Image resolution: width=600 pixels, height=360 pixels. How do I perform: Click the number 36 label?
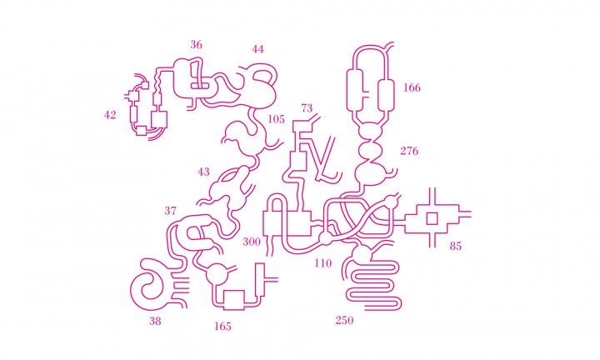click(197, 45)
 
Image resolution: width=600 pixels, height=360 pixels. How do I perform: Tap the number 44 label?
click(257, 49)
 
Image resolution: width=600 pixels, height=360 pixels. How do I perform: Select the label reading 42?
click(110, 115)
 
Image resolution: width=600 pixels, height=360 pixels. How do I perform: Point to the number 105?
click(276, 119)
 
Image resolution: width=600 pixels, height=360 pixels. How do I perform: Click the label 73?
click(307, 108)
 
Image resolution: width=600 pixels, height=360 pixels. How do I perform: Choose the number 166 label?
click(412, 87)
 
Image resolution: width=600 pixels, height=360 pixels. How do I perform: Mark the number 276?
click(409, 151)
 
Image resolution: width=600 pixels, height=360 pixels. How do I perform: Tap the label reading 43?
click(203, 172)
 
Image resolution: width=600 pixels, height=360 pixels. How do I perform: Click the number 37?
click(171, 211)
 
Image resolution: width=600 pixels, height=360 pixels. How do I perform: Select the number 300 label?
click(252, 242)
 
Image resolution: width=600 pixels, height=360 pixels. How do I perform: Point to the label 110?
click(323, 263)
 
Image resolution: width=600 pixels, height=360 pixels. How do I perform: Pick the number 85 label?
click(455, 246)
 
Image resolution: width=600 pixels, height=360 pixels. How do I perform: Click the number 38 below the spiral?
click(155, 322)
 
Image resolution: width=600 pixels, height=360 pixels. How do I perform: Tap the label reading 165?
click(222, 327)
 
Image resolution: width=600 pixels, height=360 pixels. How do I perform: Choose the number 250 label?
click(344, 320)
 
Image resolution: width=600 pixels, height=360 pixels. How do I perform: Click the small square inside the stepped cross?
click(432, 219)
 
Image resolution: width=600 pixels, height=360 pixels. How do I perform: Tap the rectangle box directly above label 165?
click(234, 300)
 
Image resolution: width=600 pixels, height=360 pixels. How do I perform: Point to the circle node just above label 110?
click(327, 239)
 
